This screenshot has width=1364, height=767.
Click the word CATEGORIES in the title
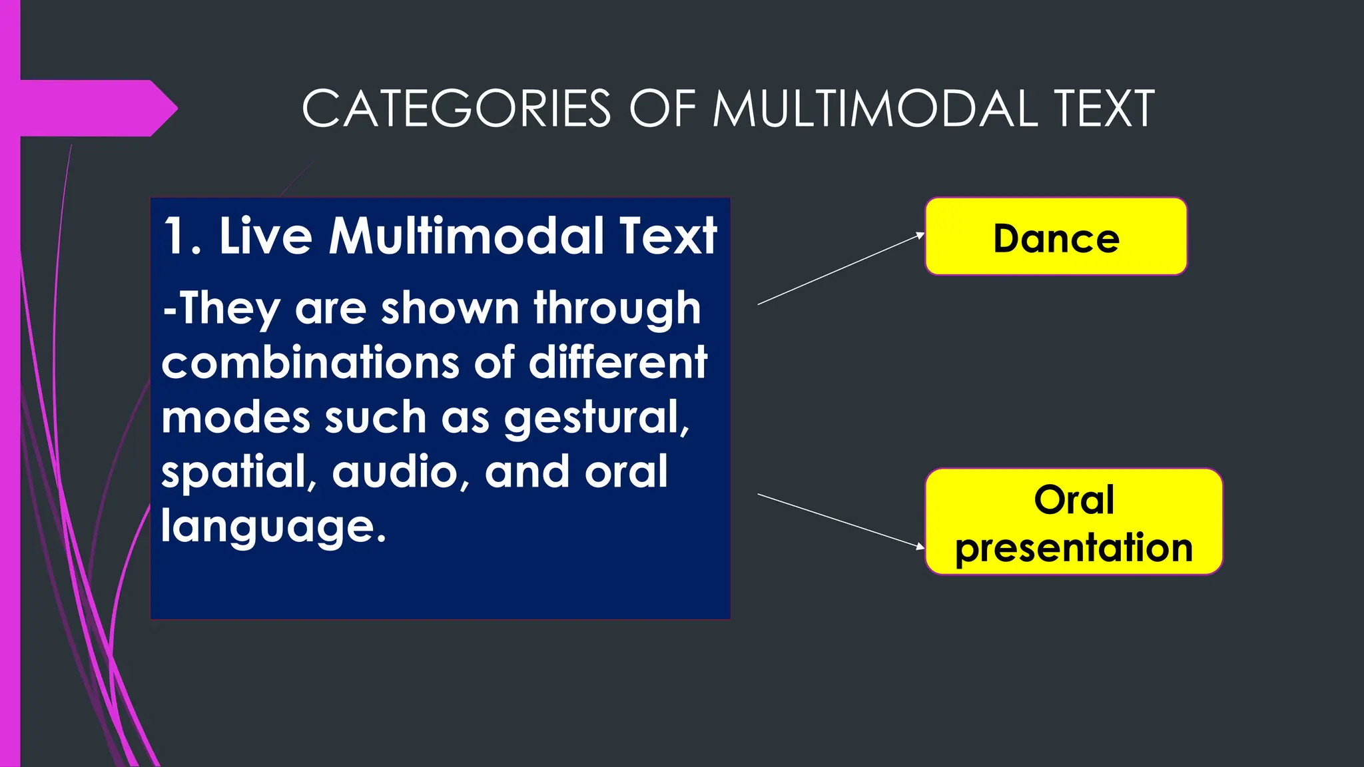coord(456,109)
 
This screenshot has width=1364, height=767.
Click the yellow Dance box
coord(1056,236)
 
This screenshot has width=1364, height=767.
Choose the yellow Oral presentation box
coord(1074,522)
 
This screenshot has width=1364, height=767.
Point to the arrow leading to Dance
coord(841,269)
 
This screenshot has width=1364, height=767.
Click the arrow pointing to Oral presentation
coord(841,521)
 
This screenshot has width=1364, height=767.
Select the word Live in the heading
coord(265,236)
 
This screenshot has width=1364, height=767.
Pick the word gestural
coord(596,418)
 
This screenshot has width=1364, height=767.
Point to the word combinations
coord(310,363)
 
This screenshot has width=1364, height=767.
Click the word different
coord(617,363)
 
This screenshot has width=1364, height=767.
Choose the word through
coord(617,308)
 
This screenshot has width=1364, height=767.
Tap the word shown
coord(450,308)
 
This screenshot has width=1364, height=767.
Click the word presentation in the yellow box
coord(1074,548)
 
